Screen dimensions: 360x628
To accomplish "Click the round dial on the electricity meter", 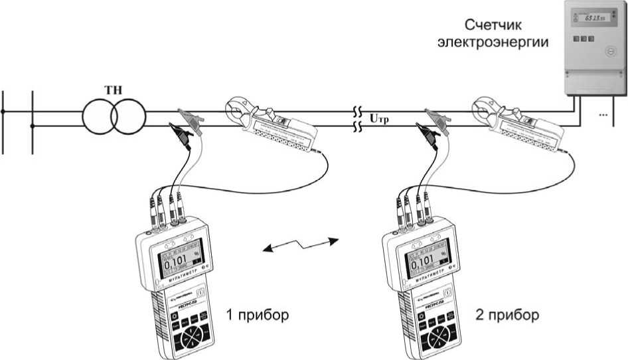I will click(x=608, y=52).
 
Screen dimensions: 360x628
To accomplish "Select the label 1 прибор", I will click(x=258, y=315).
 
